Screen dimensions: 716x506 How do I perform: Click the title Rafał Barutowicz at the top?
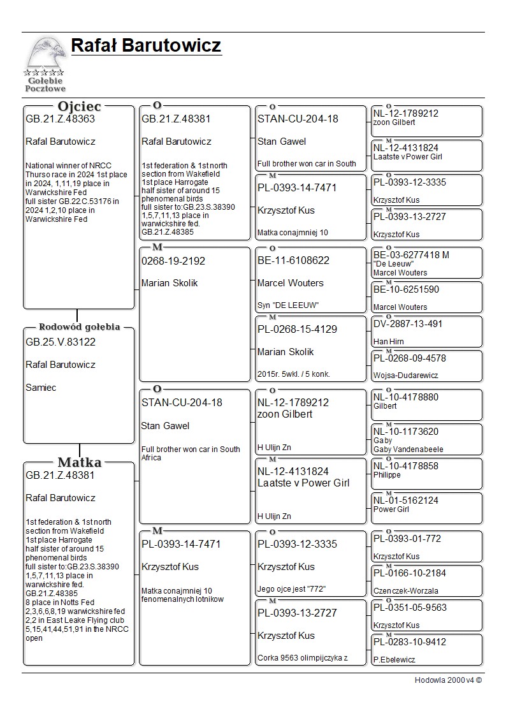click(146, 46)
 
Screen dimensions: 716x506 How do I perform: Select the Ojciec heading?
click(79, 106)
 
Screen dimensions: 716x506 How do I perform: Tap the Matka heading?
click(79, 462)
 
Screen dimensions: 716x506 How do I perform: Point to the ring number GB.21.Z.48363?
click(60, 119)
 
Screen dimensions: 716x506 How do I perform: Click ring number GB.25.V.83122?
click(60, 342)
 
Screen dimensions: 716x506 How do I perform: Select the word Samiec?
click(41, 388)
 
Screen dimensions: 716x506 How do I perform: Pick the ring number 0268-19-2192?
click(173, 261)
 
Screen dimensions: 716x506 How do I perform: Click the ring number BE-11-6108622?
click(293, 260)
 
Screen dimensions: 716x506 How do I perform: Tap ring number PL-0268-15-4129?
click(297, 329)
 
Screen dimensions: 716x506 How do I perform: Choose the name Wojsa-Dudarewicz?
click(405, 376)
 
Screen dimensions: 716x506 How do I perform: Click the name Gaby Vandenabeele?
click(408, 449)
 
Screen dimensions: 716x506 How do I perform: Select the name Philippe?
click(387, 475)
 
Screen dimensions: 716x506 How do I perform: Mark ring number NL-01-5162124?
click(406, 500)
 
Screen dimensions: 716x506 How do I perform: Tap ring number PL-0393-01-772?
click(407, 539)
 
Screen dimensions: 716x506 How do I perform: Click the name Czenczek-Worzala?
click(405, 591)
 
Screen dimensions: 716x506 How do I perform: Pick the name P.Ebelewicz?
click(394, 660)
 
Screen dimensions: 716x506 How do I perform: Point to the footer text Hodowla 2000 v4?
click(448, 680)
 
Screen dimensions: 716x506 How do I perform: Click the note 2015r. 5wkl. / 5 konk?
click(294, 374)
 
